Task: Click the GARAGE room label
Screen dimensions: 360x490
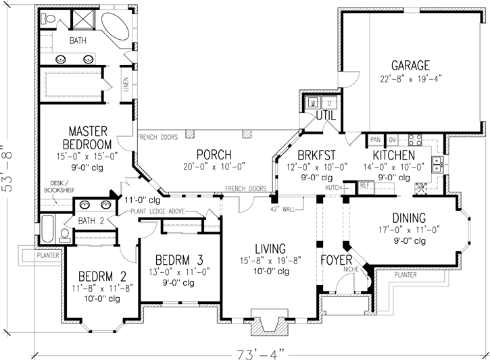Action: (410, 66)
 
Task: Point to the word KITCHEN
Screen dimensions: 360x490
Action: (388, 155)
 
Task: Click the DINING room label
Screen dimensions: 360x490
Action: (408, 218)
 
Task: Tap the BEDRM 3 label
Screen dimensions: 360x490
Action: (180, 259)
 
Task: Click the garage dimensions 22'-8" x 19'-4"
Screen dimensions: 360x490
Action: (410, 78)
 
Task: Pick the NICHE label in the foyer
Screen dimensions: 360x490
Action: (350, 269)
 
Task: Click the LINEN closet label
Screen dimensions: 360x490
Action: (126, 85)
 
